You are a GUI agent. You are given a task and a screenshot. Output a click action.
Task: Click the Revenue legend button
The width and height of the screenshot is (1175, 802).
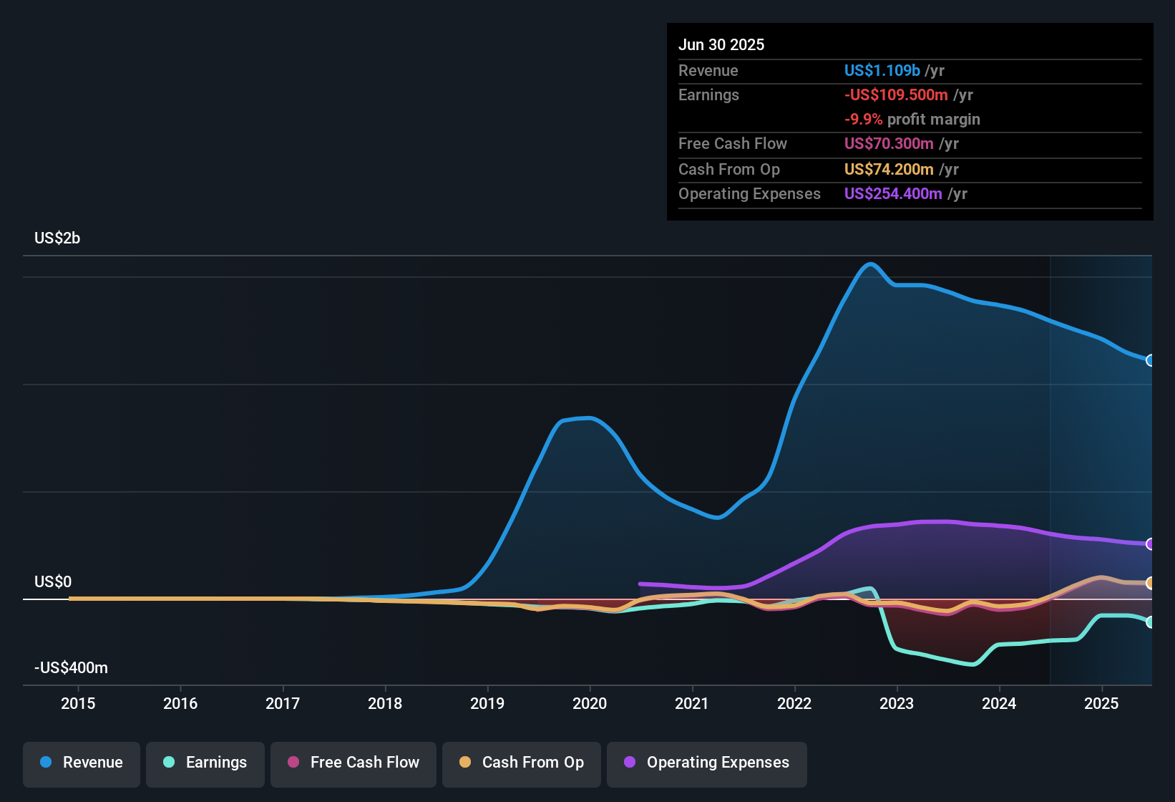82,763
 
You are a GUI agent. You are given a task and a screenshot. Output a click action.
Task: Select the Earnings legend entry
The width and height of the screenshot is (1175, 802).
205,763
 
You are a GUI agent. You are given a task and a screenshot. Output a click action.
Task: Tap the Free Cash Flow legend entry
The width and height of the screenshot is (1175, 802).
354,763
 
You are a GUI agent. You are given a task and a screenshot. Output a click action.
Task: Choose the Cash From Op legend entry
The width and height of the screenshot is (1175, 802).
522,763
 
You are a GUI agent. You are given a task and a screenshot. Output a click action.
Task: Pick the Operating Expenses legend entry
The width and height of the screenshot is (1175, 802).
707,763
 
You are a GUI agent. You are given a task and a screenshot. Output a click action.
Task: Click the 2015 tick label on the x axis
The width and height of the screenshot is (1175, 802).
78,704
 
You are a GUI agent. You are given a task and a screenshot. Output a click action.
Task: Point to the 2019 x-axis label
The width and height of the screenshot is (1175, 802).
487,704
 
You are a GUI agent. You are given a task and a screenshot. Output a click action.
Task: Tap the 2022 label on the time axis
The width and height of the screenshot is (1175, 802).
794,704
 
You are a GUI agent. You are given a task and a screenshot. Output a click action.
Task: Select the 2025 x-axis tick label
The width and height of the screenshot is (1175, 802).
1101,704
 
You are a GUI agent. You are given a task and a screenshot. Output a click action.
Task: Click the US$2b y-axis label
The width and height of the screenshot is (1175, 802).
57,238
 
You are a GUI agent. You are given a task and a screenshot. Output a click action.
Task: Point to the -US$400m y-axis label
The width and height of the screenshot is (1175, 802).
71,668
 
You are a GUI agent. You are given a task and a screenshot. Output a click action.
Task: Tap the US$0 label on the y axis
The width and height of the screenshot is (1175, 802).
53,582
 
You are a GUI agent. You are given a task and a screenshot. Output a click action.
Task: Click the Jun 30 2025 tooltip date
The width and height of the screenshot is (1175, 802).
721,45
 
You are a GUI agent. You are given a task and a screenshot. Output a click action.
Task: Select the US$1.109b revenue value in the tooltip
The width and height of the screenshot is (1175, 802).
882,71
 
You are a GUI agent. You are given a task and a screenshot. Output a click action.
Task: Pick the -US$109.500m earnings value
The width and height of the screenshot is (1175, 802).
896,95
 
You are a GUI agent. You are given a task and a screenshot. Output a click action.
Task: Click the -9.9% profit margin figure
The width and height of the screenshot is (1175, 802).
863,120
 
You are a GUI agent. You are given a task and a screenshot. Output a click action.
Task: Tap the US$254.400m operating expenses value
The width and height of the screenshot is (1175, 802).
893,194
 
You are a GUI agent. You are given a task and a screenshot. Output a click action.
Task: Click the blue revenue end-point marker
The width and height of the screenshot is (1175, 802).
1150,360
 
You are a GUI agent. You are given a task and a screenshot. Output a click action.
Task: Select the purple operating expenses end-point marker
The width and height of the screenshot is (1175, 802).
1150,544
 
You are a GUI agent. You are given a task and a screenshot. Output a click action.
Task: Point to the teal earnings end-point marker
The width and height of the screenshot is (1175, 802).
1150,622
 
